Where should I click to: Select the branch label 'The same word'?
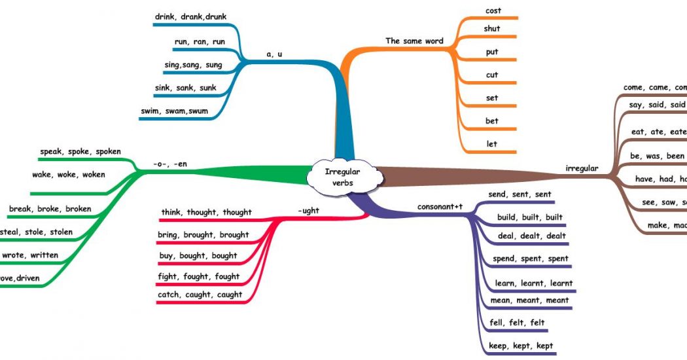point(414,41)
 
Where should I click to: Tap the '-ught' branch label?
point(308,211)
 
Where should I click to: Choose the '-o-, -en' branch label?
point(169,164)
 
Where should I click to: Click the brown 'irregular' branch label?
point(582,168)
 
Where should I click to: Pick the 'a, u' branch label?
point(274,54)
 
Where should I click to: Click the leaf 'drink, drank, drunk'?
point(191,16)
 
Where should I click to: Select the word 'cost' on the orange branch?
point(493,10)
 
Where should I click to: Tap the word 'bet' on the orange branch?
point(492,120)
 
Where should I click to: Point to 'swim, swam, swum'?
point(174,111)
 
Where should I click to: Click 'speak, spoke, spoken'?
point(80,151)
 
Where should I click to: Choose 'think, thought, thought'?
point(206,212)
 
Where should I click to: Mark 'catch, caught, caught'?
point(200,295)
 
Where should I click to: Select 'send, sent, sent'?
point(520,194)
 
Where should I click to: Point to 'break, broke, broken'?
point(50,209)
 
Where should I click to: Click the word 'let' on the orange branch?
point(492,143)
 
